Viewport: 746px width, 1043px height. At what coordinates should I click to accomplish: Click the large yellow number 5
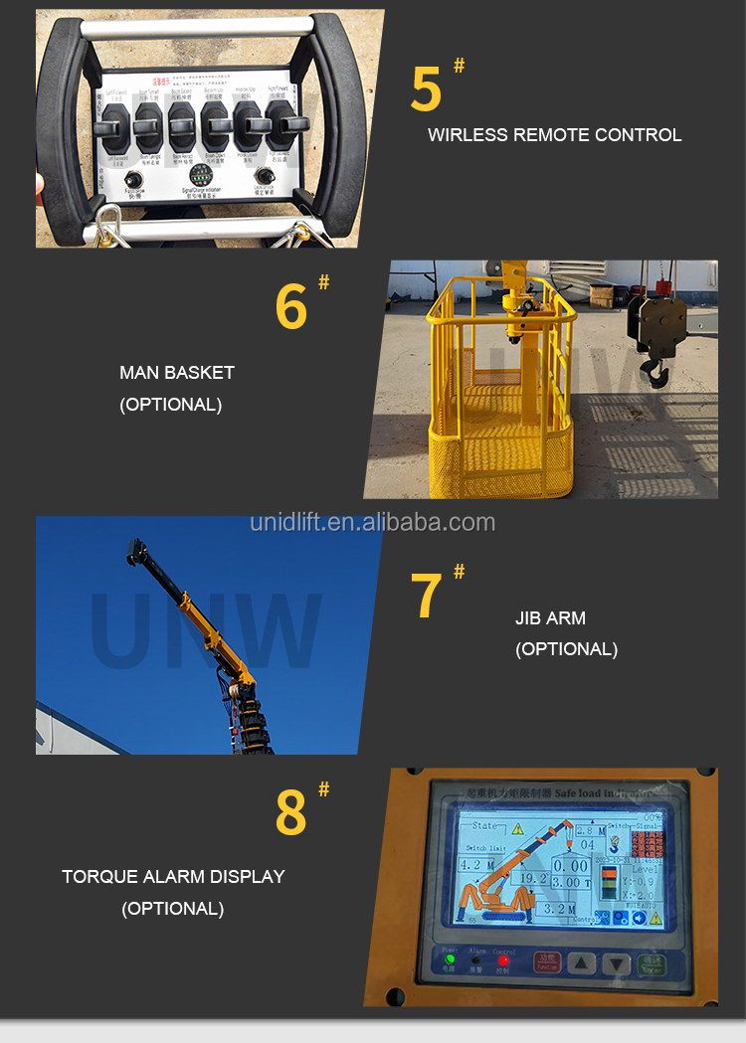pos(426,88)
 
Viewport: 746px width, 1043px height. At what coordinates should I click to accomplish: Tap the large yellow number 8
pos(290,812)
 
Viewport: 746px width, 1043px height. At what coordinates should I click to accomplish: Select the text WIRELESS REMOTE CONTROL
pos(554,135)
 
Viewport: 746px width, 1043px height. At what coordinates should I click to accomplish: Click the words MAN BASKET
pos(177,373)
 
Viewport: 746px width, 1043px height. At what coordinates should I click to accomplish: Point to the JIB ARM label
pos(550,617)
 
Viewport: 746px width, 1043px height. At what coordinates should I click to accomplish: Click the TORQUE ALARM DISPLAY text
pos(173,877)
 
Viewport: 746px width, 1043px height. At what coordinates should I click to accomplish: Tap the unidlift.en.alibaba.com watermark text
pos(372,522)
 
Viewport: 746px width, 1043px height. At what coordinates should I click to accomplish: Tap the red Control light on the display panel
pos(504,959)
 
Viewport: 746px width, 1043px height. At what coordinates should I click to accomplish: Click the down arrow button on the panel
pos(617,963)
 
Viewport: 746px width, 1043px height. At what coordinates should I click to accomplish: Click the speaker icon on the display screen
pos(638,918)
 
